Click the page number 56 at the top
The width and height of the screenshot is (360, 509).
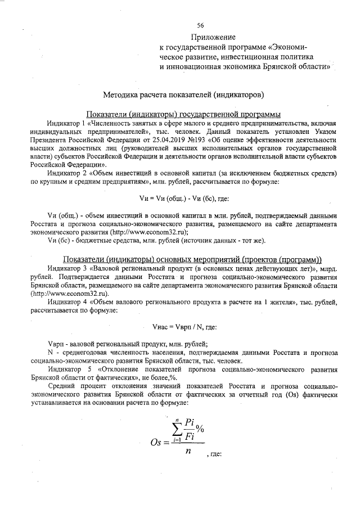tap(200, 25)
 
